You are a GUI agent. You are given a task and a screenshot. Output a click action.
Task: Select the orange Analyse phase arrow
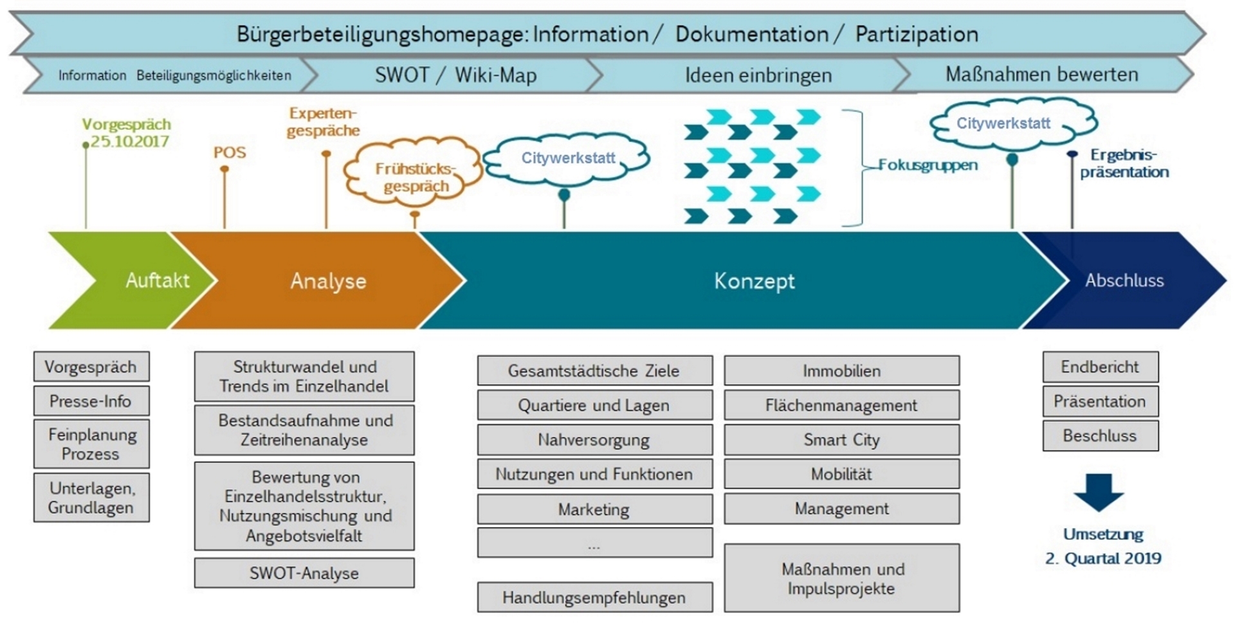328,280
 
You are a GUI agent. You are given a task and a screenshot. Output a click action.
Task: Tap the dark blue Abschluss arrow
1124,280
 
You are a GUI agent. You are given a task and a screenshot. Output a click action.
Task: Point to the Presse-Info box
91,401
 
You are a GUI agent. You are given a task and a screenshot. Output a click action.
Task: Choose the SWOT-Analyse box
304,572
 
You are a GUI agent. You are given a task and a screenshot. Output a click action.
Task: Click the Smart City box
841,440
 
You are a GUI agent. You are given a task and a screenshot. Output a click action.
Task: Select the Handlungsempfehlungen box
594,597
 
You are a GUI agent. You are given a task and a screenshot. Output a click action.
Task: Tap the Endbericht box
1100,367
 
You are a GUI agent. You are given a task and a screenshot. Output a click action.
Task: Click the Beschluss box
1100,435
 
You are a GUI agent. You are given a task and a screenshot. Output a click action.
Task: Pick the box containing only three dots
594,543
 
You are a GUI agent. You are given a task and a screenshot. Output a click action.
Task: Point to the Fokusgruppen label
928,165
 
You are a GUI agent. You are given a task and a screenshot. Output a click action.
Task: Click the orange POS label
230,152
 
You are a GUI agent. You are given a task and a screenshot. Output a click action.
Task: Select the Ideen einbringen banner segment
758,75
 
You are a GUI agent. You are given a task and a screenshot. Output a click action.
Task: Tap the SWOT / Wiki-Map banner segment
455,75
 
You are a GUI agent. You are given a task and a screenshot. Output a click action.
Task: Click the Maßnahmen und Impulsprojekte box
841,578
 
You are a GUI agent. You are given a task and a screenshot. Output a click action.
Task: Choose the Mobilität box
841,474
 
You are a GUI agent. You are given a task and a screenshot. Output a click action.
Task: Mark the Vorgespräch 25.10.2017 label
127,132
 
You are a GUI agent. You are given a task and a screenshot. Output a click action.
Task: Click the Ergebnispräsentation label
1124,163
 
